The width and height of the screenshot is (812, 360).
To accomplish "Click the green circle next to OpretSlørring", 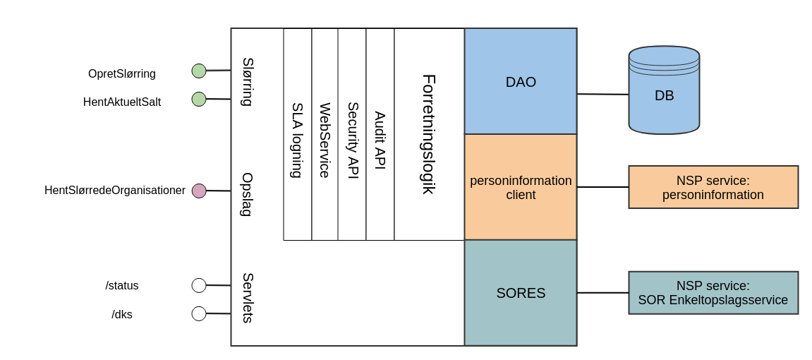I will pos(199,71).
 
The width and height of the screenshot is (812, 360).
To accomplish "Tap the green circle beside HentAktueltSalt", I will pos(199,99).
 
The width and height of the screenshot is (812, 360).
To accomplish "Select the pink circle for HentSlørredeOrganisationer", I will pos(199,191).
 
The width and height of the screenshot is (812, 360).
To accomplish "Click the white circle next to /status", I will pos(199,285).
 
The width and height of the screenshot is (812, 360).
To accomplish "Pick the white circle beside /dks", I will pos(199,313).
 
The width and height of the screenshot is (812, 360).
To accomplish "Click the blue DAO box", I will pos(521,82).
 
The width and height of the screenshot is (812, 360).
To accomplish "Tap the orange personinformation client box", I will pos(521,187).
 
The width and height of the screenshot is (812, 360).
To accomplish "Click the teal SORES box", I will pos(521,293).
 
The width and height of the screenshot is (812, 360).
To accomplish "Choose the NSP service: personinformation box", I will pos(713,187).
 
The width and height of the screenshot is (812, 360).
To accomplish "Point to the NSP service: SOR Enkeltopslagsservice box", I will pos(713,293).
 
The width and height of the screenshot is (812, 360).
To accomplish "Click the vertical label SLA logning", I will pos(297,140).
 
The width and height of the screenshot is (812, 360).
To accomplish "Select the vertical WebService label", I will pos(325,140).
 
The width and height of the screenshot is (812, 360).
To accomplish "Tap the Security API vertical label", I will pos(352,140).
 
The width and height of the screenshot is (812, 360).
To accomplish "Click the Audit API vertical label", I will pos(380,140).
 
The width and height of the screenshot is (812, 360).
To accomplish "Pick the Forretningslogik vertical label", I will pos(428,134).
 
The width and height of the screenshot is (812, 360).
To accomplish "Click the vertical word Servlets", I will pos(247,298).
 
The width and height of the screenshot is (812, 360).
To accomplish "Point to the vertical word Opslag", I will pos(247,194).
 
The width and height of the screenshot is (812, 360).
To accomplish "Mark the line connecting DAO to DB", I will pos(602,94).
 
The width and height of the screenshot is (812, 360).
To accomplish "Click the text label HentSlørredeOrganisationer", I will pos(115,191).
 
